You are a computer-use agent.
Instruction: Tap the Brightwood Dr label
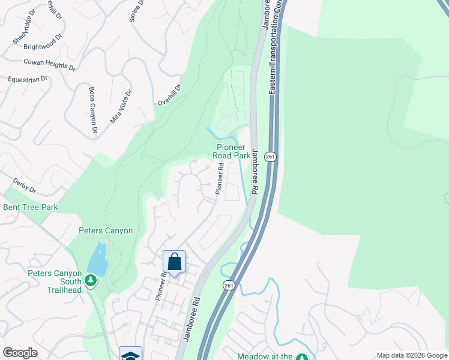pyautogui.click(x=43, y=42)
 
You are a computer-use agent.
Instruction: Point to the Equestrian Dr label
pyautogui.click(x=28, y=79)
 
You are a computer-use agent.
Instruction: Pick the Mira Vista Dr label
pyautogui.click(x=121, y=107)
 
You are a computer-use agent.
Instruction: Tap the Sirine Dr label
pyautogui.click(x=137, y=10)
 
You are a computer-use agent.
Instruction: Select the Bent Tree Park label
pyautogui.click(x=31, y=208)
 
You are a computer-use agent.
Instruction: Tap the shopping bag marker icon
pyautogui.click(x=174, y=262)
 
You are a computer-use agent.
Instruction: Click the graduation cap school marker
pyautogui.click(x=131, y=354)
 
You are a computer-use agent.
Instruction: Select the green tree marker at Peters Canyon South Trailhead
pyautogui.click(x=91, y=280)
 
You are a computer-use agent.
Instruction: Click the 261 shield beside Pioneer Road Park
pyautogui.click(x=271, y=157)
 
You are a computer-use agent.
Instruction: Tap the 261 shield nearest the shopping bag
pyautogui.click(x=228, y=286)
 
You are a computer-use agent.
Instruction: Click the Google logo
pyautogui.click(x=20, y=353)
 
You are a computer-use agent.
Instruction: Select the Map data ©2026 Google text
pyautogui.click(x=412, y=355)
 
